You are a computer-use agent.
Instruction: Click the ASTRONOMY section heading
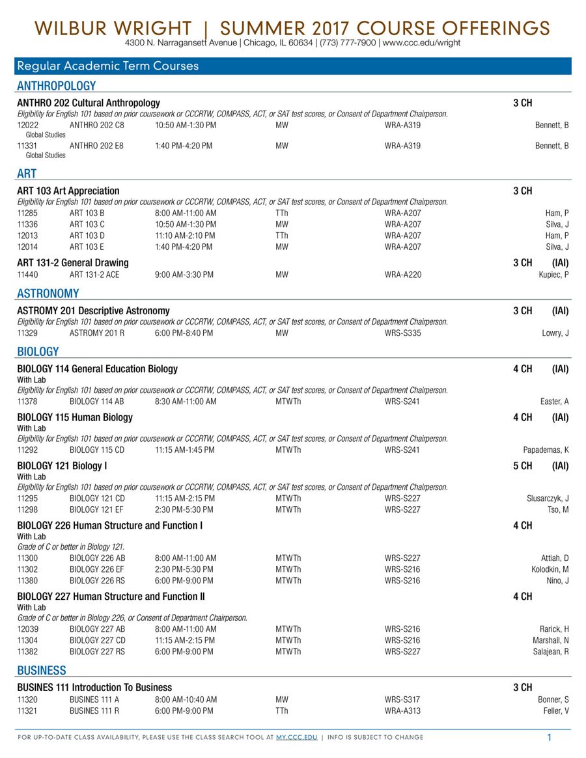tap(48, 293)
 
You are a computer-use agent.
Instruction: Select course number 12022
tap(28, 125)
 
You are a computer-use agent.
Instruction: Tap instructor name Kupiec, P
tap(553, 275)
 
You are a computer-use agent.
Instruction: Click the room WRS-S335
tap(402, 333)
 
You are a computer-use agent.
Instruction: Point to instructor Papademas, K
tap(546, 450)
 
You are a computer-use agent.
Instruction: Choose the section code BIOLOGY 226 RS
tap(97, 580)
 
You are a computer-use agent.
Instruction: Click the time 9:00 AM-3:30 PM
tap(184, 275)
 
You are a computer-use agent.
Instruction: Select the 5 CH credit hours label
tap(522, 466)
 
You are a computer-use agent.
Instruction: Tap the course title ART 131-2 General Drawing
tap(73, 263)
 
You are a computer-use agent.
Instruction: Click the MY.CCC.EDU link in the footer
tap(296, 737)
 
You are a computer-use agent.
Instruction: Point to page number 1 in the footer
tap(549, 737)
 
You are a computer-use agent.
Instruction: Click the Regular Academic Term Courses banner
tap(108, 66)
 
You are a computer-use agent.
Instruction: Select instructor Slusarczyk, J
tap(548, 498)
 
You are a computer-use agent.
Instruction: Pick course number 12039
tap(28, 629)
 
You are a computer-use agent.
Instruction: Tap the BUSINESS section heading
tap(42, 670)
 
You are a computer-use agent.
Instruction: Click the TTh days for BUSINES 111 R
tap(282, 711)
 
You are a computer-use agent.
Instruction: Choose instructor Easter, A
tap(554, 401)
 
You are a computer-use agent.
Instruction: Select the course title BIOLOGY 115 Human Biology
tap(75, 417)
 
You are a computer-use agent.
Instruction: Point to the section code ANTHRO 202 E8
tap(96, 146)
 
